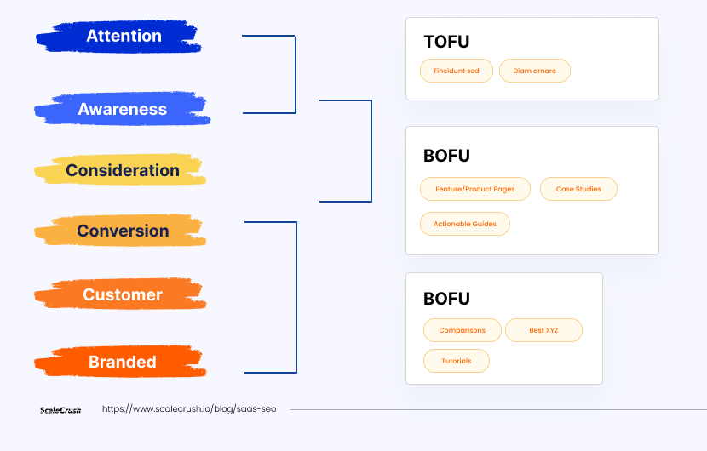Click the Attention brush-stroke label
click(x=119, y=36)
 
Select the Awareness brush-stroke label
click(x=122, y=109)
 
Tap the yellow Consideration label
click(x=121, y=170)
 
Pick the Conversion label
click(x=121, y=231)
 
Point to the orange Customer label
click(x=121, y=294)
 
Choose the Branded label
click(x=121, y=362)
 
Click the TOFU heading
click(x=446, y=42)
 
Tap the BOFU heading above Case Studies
click(x=446, y=156)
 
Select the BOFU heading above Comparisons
click(x=446, y=299)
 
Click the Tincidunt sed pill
click(x=457, y=71)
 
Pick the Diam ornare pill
click(x=535, y=71)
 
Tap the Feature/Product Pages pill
click(x=475, y=189)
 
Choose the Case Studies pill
click(x=578, y=189)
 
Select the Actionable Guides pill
click(x=465, y=224)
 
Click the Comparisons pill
click(x=463, y=330)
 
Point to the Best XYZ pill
click(x=543, y=330)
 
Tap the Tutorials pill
click(x=457, y=361)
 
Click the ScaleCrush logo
click(x=60, y=410)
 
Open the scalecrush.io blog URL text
click(x=189, y=409)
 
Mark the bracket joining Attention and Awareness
click(x=296, y=74)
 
